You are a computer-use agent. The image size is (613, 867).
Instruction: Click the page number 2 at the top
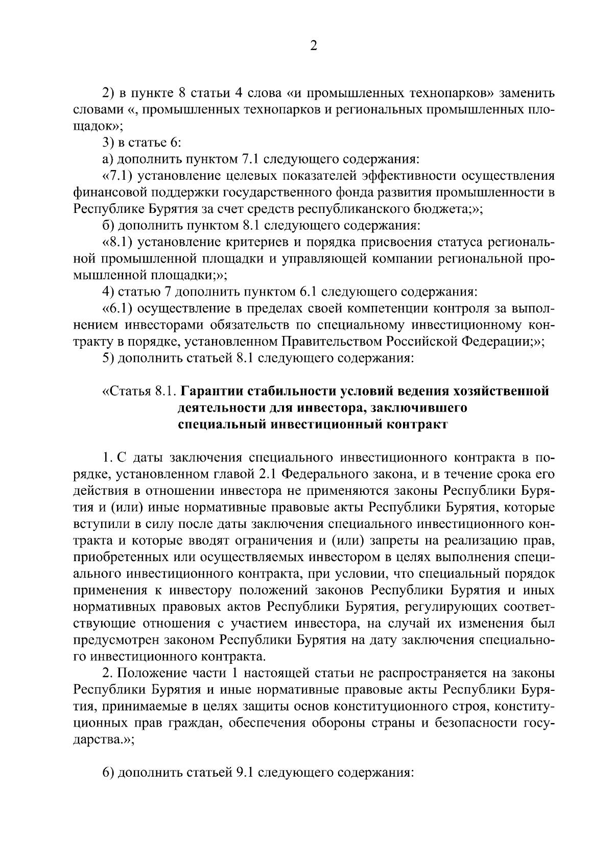coord(313,46)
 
